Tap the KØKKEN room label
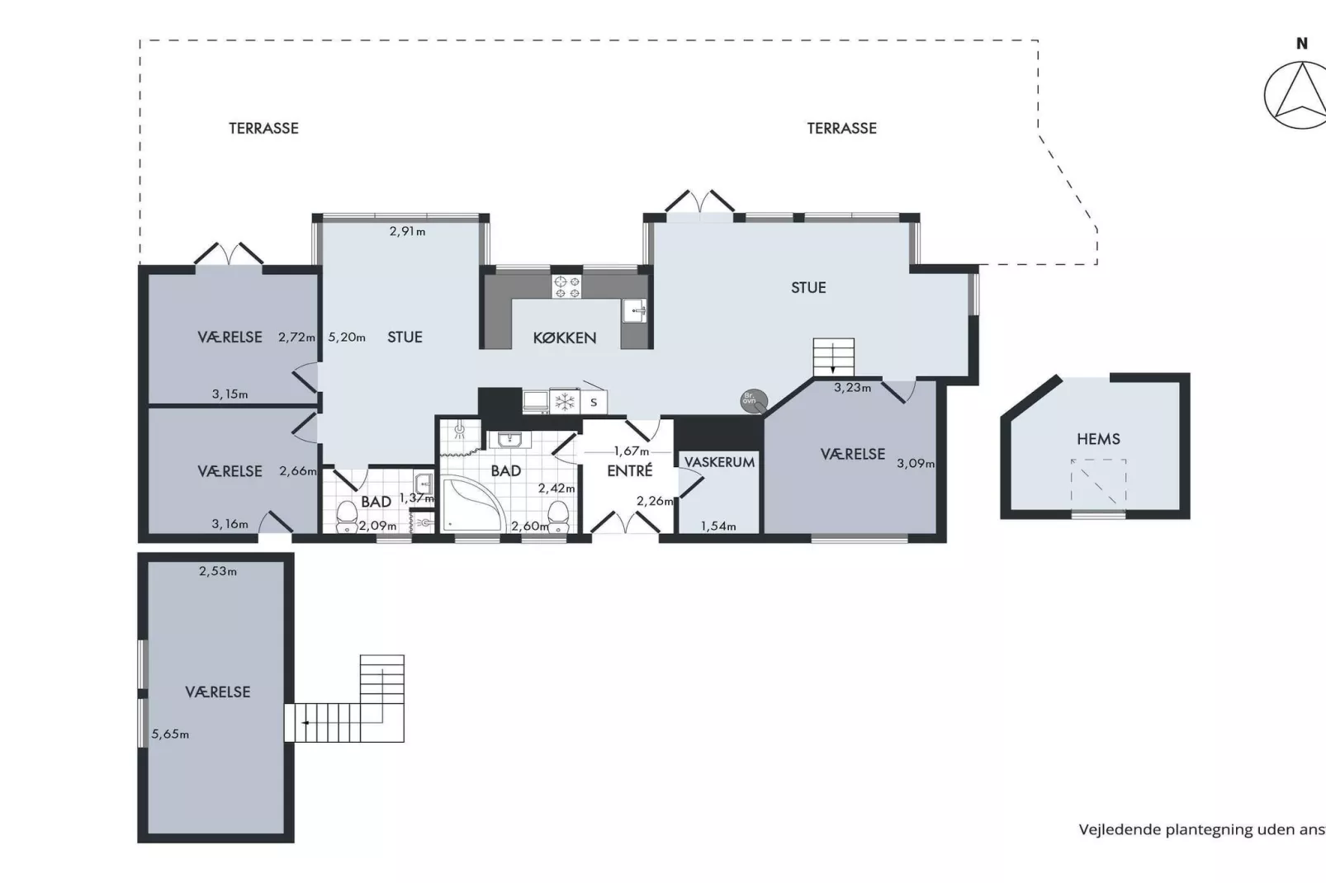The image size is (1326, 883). [x=564, y=338]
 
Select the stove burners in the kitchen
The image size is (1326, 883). [x=566, y=286]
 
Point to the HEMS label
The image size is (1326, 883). [x=1098, y=439]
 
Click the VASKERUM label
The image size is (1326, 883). [x=719, y=462]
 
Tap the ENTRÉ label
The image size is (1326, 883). [x=629, y=470]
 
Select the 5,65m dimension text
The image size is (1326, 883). [x=170, y=734]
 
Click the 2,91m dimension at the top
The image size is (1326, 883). [x=407, y=232]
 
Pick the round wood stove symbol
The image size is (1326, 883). [x=753, y=400]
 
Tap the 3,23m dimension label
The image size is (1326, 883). [x=852, y=387]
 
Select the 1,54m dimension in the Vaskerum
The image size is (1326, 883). [x=718, y=526]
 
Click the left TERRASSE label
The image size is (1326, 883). [x=263, y=128]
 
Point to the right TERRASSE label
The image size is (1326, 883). [x=841, y=128]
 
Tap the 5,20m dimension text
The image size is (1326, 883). [x=347, y=337]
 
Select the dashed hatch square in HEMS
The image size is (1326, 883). [x=1099, y=481]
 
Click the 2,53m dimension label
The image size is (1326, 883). [x=218, y=571]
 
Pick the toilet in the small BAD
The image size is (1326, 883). [x=347, y=517]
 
